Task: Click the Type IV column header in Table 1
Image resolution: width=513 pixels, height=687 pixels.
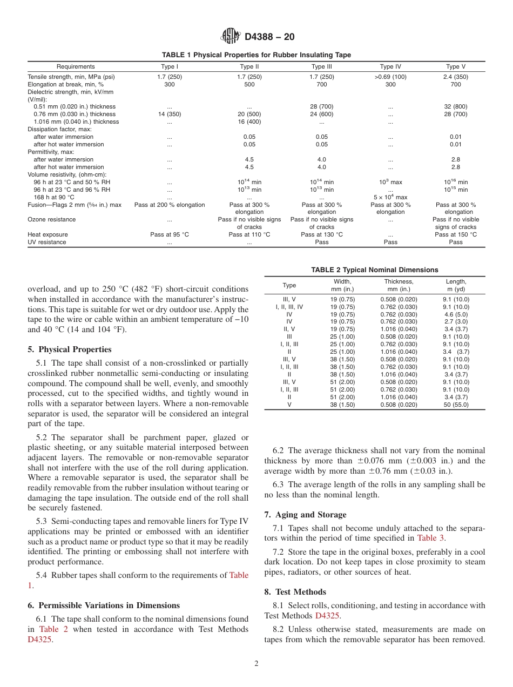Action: coord(390,67)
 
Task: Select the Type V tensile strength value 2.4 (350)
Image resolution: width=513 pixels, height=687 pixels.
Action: coord(456,77)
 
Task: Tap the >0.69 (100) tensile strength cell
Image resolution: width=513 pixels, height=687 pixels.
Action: coord(390,77)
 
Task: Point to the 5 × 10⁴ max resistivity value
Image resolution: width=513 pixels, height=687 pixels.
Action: coord(390,198)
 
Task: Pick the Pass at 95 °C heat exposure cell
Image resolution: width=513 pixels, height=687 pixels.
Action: coord(170,235)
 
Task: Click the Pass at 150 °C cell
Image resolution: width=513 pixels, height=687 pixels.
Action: coord(456,235)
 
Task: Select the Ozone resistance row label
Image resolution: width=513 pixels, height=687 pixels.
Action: coord(52,220)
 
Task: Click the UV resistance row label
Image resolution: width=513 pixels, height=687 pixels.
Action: coord(47,243)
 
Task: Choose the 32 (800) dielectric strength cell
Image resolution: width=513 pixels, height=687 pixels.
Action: coord(456,107)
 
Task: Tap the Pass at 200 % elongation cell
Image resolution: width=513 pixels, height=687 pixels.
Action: coord(170,205)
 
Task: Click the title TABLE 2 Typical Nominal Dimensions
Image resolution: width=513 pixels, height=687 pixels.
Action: coord(374,270)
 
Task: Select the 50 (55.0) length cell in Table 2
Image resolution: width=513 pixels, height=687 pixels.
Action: coord(456,405)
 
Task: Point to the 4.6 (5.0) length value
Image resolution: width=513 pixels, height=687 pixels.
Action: coord(456,314)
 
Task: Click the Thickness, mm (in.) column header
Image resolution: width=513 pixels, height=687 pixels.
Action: coord(399,285)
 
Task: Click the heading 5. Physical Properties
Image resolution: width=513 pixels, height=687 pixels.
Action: coord(70,349)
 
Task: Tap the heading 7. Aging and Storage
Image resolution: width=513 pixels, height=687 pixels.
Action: coord(305,515)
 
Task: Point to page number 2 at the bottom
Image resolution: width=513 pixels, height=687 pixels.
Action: coord(256,664)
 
